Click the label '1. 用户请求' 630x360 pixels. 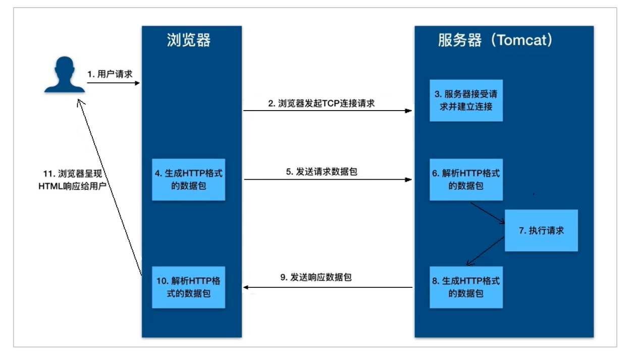(x=110, y=74)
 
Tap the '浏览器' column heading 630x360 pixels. (x=189, y=40)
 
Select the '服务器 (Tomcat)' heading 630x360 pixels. (x=495, y=40)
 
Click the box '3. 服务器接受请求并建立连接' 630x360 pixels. (x=466, y=100)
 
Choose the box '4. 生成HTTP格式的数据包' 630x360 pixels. (x=189, y=179)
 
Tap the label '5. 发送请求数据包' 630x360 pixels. (x=322, y=172)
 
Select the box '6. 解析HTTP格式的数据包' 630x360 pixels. (x=466, y=179)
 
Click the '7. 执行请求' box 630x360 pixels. (x=541, y=230)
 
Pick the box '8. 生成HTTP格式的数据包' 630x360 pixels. (x=466, y=287)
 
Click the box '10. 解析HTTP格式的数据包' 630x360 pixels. (x=189, y=286)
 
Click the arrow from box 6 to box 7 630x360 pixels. (x=487, y=213)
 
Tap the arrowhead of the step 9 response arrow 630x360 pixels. (x=246, y=287)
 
